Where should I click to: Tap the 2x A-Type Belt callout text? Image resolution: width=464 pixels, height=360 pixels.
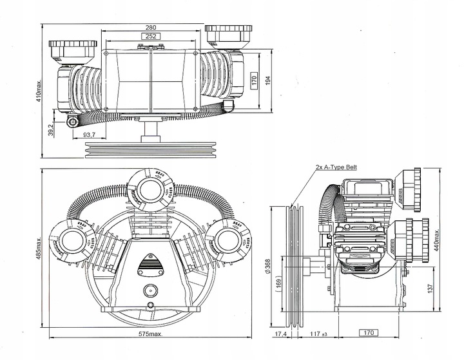pos(336,167)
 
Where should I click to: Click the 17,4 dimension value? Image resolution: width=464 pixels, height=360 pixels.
pos(281,334)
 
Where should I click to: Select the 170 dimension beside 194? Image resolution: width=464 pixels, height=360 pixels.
pos(254,82)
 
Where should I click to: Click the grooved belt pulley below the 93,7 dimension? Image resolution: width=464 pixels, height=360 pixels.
pos(151,150)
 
